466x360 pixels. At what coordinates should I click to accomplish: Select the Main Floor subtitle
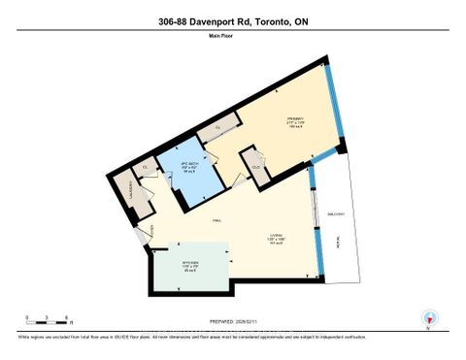click(x=233, y=38)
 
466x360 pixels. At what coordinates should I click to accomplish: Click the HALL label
click(x=215, y=220)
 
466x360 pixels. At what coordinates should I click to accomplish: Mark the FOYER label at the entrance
click(x=149, y=230)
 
